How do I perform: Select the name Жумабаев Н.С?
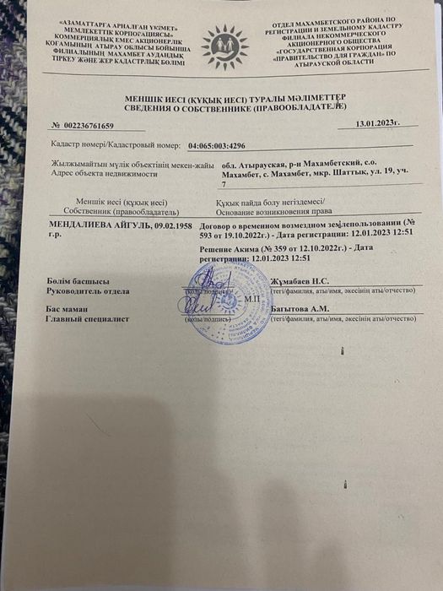point(299,280)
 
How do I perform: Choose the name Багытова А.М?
point(300,309)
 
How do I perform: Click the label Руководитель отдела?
point(89,290)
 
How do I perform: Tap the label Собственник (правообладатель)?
point(110,211)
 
